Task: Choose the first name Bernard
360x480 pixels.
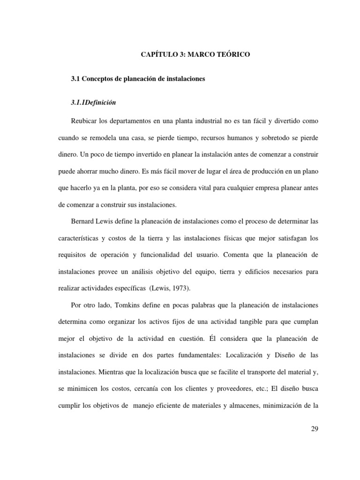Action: (84, 220)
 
